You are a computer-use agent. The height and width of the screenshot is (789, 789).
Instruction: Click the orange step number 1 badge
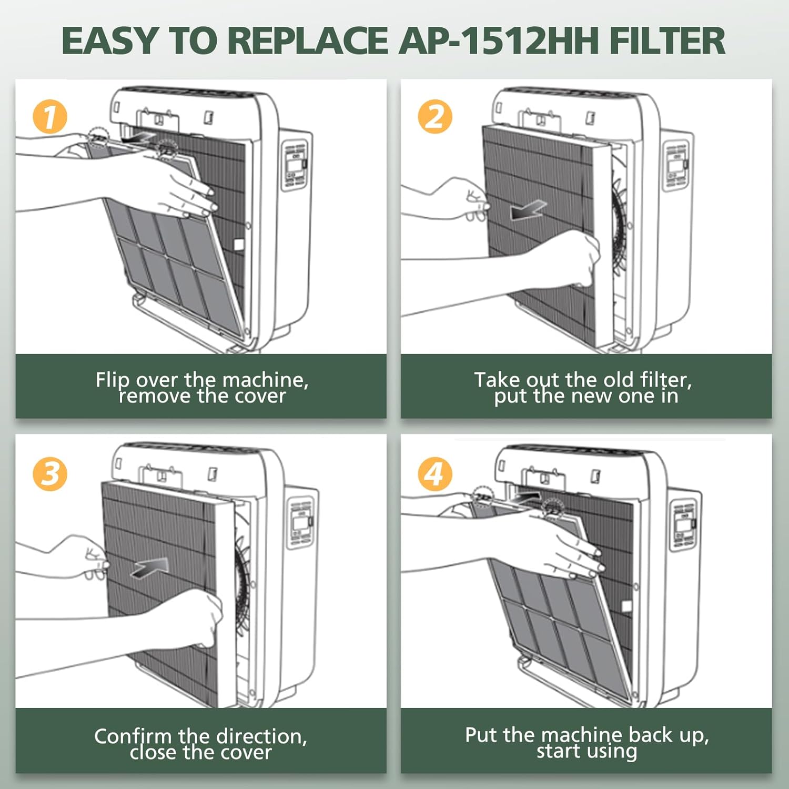(50, 117)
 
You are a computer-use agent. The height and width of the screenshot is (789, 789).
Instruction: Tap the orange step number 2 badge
(435, 117)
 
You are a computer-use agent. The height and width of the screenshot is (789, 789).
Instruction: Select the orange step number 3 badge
(50, 474)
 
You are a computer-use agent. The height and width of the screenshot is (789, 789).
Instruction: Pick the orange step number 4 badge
(435, 474)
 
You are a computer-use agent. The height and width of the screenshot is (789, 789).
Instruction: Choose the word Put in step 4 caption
(481, 735)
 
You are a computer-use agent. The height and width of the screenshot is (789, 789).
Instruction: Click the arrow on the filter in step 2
(528, 210)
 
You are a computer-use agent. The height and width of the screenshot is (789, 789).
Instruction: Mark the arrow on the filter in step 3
(149, 568)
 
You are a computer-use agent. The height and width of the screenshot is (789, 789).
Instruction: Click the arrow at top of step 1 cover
(138, 138)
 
